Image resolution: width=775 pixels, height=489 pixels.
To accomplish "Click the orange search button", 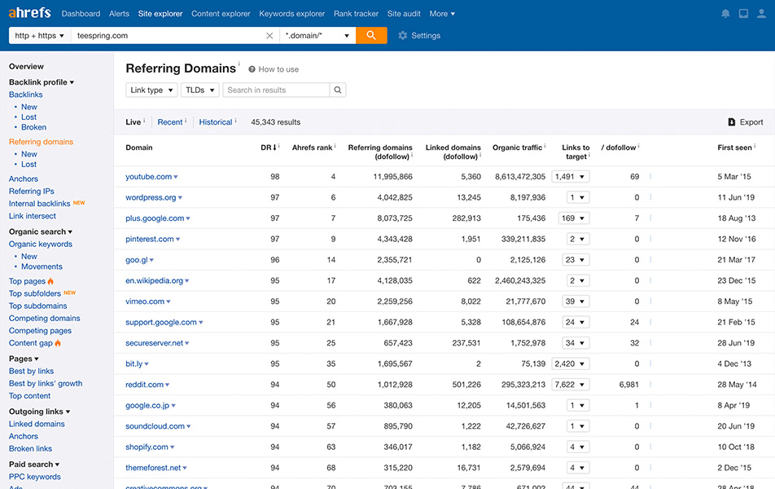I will (371, 35).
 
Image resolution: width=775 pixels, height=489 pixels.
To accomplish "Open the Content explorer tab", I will (221, 14).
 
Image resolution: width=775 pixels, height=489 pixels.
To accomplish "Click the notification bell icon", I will (725, 14).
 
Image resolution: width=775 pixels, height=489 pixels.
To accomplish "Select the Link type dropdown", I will (151, 90).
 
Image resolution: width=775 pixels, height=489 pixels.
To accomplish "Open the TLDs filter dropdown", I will (199, 90).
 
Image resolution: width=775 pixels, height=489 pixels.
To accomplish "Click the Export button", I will (745, 122).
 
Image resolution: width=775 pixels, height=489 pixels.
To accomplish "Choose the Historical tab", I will (216, 122).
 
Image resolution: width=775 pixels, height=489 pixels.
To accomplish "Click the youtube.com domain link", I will (148, 177).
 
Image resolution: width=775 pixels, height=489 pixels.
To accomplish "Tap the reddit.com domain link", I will (144, 385).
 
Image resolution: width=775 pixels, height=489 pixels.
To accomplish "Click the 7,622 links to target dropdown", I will (571, 385).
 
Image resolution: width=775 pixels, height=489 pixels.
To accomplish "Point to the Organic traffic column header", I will (517, 148).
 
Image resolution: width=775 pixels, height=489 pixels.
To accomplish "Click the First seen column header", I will (734, 148).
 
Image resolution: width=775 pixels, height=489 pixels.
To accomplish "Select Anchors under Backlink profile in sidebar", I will (24, 178).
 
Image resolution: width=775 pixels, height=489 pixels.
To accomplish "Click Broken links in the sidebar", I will (30, 448).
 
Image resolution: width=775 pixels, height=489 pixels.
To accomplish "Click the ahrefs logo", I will (29, 13).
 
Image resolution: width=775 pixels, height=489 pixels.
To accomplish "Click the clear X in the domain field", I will (269, 36).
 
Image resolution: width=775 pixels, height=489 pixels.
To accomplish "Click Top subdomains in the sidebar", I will (38, 306).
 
